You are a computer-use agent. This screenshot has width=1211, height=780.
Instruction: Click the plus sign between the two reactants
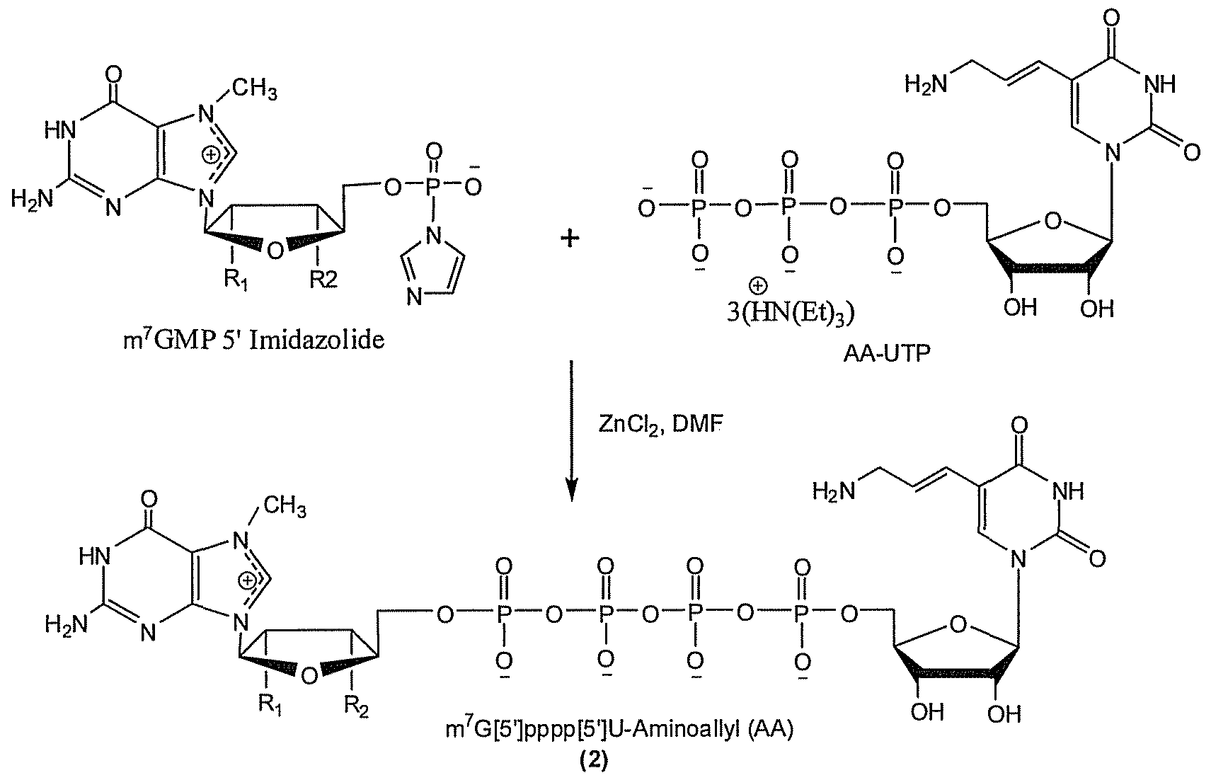click(570, 238)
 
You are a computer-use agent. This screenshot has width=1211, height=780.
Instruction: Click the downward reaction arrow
click(571, 430)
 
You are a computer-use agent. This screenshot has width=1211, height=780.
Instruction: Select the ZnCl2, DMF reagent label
click(660, 426)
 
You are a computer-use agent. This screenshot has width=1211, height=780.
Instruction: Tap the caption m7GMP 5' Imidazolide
click(254, 340)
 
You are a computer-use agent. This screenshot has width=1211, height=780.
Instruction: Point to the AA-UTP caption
click(887, 353)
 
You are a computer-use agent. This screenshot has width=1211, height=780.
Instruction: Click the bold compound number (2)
click(594, 760)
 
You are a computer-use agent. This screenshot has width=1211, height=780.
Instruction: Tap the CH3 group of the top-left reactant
click(255, 88)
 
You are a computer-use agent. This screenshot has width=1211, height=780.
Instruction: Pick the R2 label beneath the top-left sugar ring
click(323, 280)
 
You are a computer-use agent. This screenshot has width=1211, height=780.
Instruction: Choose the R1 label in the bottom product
click(270, 705)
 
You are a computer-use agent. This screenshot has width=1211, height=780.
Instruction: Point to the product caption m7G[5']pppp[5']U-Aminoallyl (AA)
click(619, 730)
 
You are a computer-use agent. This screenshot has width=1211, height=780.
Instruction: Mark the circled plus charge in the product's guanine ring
click(247, 580)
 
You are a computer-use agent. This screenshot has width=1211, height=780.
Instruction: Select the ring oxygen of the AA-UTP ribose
click(1052, 221)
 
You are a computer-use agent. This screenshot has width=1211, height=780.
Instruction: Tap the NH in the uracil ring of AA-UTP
click(1159, 84)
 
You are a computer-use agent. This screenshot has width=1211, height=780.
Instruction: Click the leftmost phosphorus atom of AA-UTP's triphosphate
click(698, 207)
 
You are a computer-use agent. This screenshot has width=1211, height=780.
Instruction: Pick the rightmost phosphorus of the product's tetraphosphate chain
click(803, 614)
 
